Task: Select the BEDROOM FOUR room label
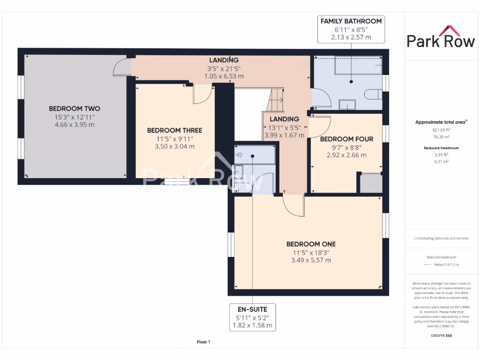click(x=346, y=139)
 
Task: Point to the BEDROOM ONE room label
click(x=311, y=244)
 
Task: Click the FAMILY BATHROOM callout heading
click(x=351, y=21)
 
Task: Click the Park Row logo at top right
click(x=441, y=40)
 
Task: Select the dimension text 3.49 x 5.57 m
click(x=311, y=260)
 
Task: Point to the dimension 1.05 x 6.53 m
click(x=224, y=76)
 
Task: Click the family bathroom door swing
click(x=322, y=97)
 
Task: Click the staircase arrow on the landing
click(x=277, y=99)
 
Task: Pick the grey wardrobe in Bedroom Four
click(x=370, y=183)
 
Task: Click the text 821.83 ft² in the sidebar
click(x=441, y=130)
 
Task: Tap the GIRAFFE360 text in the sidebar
click(x=441, y=336)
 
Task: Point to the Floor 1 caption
click(x=203, y=342)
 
